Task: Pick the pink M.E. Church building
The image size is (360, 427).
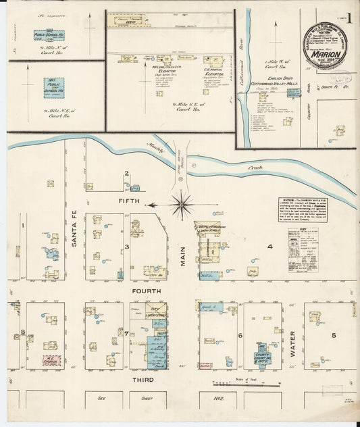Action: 51,357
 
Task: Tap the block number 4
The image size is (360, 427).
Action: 269,247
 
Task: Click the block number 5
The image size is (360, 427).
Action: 333,335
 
